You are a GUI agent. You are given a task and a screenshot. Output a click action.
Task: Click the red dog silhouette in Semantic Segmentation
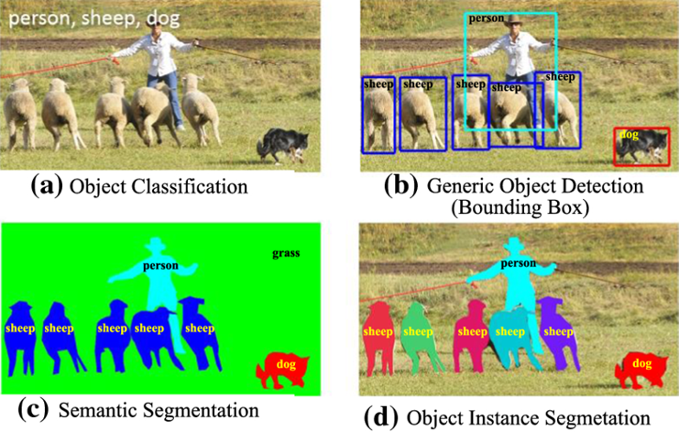pyautogui.click(x=281, y=369)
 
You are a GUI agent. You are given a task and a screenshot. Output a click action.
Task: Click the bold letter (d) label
pyautogui.click(x=381, y=416)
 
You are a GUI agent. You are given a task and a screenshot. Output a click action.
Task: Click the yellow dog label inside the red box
pyautogui.click(x=630, y=134)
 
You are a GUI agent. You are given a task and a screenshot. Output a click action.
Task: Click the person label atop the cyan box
pyautogui.click(x=486, y=17)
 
